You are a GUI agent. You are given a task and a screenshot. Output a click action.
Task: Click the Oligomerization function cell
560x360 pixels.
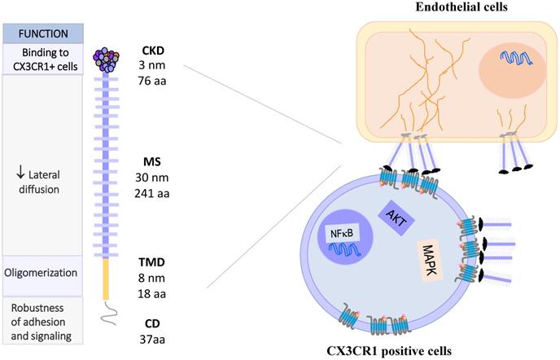click(42, 273)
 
